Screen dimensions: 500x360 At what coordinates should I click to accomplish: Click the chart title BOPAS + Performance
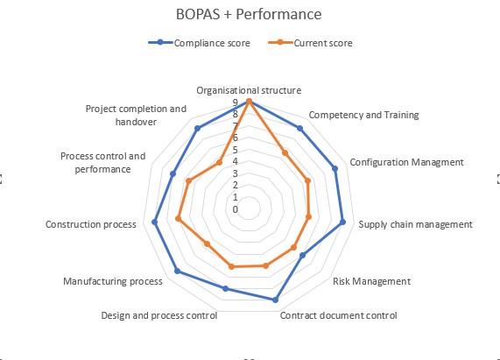click(249, 14)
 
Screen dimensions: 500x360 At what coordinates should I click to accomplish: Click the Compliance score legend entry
click(200, 43)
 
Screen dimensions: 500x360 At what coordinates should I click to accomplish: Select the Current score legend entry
click(310, 43)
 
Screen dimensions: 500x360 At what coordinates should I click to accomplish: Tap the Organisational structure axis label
click(249, 90)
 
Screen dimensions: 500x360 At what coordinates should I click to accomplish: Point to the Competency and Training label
click(364, 115)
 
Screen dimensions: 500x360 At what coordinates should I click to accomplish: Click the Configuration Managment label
click(406, 162)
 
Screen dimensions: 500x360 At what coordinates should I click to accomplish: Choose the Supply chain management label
click(415, 224)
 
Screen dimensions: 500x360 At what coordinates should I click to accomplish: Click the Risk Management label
click(372, 281)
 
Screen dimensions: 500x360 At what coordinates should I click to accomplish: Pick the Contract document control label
click(338, 315)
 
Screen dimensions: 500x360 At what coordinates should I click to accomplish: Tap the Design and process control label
click(159, 315)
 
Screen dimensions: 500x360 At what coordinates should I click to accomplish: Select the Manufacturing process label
click(113, 281)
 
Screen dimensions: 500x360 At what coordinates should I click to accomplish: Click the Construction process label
click(91, 224)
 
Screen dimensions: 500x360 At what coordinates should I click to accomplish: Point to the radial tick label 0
click(236, 209)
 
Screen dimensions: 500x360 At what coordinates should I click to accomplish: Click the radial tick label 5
click(236, 150)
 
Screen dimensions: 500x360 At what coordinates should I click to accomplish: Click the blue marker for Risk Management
click(303, 255)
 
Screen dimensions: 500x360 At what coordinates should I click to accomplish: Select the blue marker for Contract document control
click(275, 300)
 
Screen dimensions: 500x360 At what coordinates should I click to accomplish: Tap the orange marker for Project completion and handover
click(219, 163)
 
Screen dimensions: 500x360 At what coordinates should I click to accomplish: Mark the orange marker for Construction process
click(179, 219)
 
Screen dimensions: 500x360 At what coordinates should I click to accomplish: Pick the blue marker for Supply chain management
click(342, 222)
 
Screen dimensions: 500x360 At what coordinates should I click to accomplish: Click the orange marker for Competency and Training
click(285, 153)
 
